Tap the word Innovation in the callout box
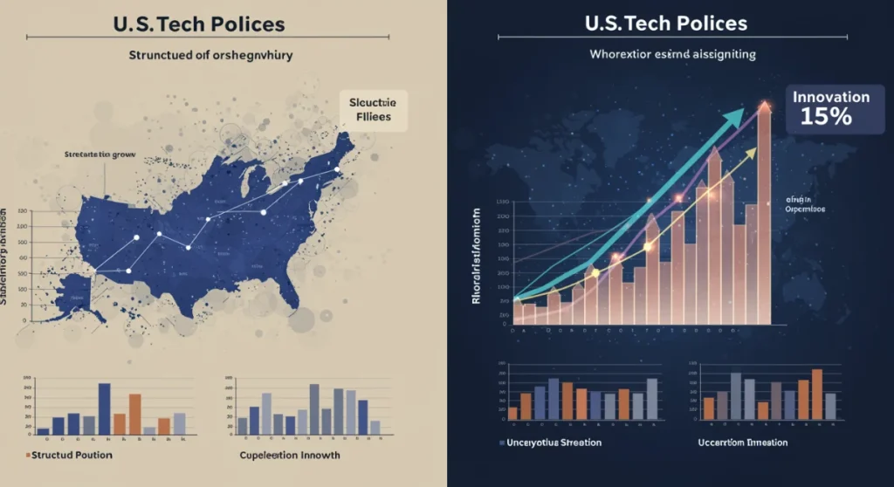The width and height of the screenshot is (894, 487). [831, 97]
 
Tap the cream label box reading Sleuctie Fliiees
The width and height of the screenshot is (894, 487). [373, 109]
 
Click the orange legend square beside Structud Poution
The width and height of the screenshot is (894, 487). [29, 455]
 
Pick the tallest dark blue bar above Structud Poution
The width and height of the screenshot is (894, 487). [104, 408]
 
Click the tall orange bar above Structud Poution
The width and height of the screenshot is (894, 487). [135, 414]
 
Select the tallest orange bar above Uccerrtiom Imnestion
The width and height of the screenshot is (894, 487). [817, 394]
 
